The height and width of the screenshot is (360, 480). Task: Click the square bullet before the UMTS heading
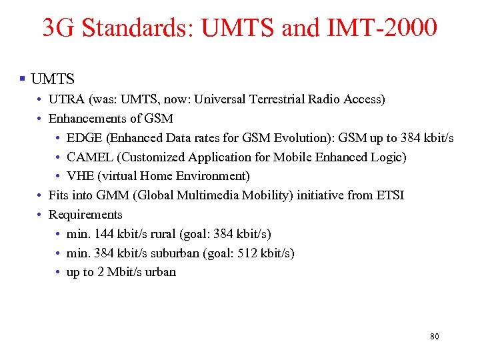tap(23, 79)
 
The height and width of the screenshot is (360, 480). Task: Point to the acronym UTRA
tap(65, 99)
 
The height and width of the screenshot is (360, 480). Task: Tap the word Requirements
tap(85, 215)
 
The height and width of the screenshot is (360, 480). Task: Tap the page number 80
tap(434, 337)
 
